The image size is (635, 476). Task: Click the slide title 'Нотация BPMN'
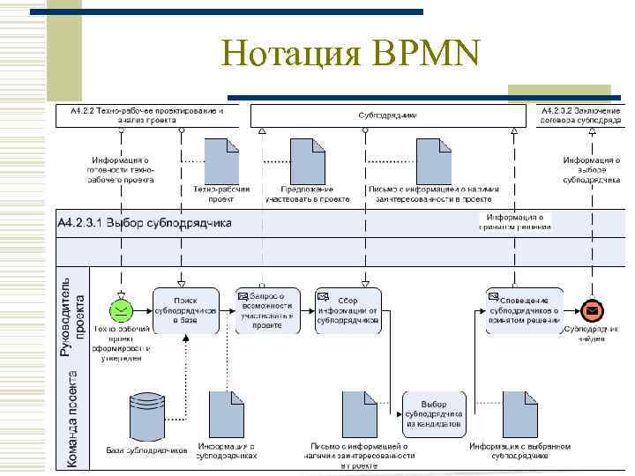tap(351, 55)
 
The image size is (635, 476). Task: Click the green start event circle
tap(121, 309)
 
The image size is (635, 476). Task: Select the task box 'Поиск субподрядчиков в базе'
tap(185, 309)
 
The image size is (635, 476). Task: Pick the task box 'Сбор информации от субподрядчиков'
tap(348, 309)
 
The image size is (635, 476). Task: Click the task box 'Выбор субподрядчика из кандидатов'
tap(434, 412)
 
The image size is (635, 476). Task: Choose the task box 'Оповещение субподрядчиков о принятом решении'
tap(524, 309)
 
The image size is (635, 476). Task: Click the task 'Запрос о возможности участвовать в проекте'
tap(267, 309)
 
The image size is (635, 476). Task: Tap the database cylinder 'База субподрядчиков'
tap(146, 414)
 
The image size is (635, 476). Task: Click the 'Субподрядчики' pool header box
tap(388, 115)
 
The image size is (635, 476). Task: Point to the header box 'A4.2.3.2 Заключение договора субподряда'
tap(579, 115)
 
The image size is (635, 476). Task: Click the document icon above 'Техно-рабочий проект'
tap(221, 160)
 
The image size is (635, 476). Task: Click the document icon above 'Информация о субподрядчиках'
tap(226, 413)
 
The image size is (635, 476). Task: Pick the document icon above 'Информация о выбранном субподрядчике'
tap(519, 413)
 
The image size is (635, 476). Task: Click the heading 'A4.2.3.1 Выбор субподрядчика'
tap(146, 223)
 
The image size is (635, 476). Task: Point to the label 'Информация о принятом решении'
tap(515, 221)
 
